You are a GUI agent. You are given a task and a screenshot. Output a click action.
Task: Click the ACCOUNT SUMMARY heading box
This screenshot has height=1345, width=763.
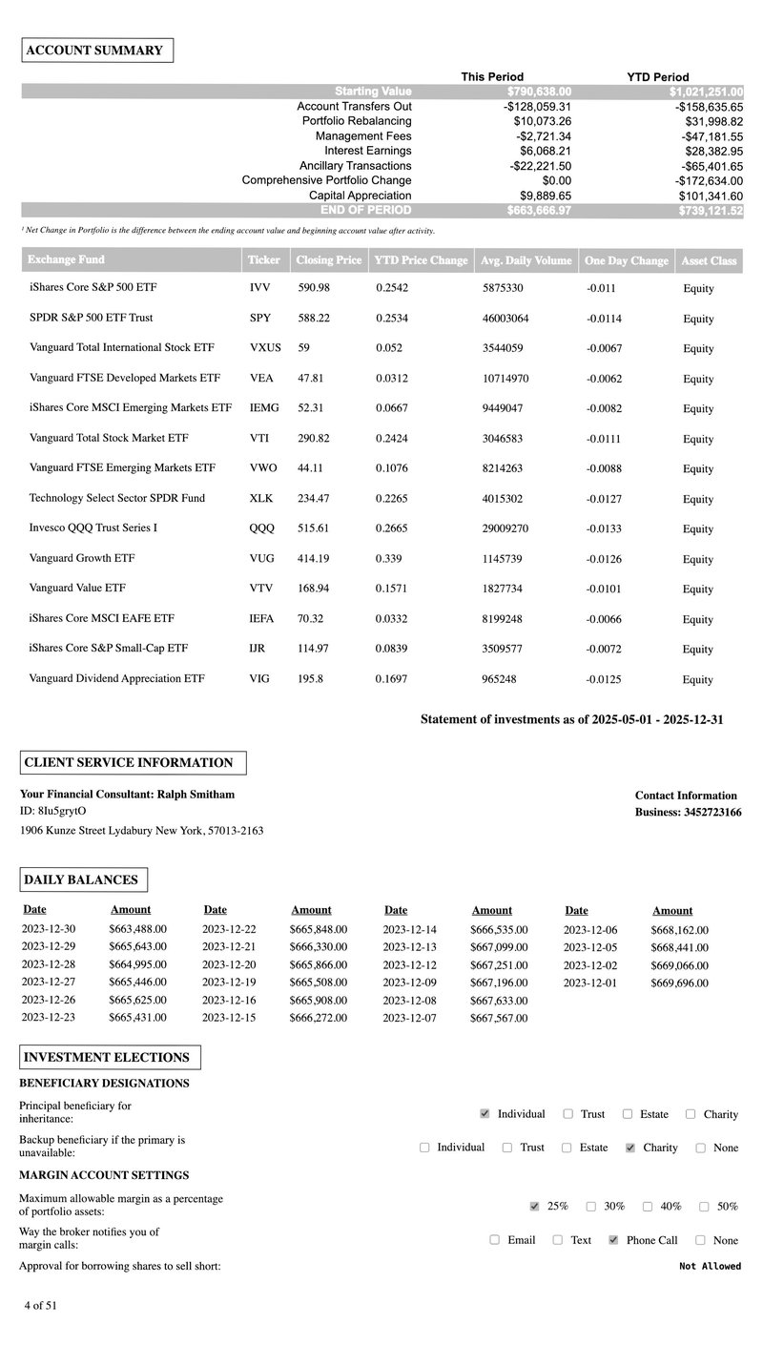[x=97, y=51]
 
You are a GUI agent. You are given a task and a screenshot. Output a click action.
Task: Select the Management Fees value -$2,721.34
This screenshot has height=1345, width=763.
[x=538, y=136]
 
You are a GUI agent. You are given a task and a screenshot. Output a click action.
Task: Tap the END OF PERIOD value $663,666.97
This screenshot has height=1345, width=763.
[x=539, y=211]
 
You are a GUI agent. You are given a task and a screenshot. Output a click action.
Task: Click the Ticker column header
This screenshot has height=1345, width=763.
[x=264, y=260]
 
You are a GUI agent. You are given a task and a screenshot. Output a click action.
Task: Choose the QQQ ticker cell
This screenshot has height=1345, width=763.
[x=261, y=528]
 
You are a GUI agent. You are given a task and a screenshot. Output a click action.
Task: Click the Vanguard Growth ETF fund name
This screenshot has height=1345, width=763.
[x=81, y=558]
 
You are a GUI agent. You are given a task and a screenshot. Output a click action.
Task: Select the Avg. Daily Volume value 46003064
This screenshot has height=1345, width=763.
[x=505, y=319]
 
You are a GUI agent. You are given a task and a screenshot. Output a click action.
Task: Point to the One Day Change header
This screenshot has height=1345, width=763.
[x=626, y=260]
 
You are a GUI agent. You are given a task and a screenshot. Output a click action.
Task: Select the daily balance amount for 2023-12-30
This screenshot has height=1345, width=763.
[x=137, y=930]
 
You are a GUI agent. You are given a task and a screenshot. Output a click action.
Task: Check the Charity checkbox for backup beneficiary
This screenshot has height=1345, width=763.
[x=629, y=1148]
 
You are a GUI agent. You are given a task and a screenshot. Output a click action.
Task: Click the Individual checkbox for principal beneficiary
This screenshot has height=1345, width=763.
[x=485, y=1114]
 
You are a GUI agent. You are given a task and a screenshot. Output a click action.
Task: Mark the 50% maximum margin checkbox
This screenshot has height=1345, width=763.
[x=704, y=1207]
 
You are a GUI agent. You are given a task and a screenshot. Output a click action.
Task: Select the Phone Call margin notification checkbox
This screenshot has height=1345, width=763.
[x=613, y=1241]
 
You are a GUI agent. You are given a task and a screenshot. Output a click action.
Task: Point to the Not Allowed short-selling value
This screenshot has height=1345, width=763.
[x=710, y=1267]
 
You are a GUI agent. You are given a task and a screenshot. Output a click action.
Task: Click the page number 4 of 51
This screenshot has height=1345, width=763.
[x=41, y=1306]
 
